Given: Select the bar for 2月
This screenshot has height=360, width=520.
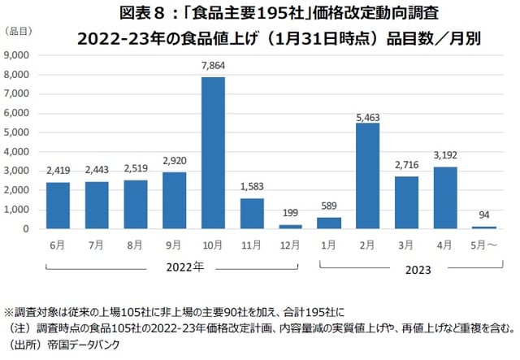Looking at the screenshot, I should (x=368, y=176).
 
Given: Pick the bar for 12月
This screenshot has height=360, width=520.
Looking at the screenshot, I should (x=291, y=226).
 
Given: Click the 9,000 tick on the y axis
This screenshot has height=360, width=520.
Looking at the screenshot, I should (x=19, y=54).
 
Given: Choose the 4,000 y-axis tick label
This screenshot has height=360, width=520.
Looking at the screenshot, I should (x=19, y=151).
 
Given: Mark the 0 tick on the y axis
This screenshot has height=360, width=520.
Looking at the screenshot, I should (x=28, y=229).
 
